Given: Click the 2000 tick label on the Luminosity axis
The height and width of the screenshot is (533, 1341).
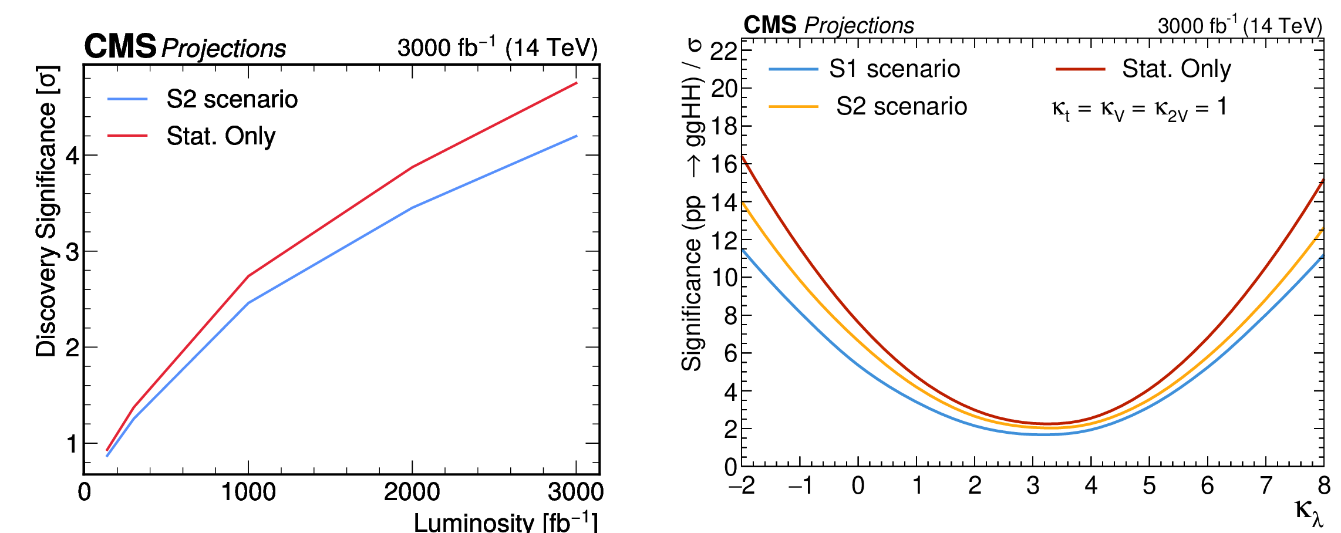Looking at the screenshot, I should (x=412, y=492).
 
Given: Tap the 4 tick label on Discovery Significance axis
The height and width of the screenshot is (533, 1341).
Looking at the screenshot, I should (x=72, y=156).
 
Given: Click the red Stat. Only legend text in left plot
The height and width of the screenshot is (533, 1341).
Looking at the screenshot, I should (x=221, y=136).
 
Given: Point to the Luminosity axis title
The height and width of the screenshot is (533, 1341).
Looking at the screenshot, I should (x=505, y=522).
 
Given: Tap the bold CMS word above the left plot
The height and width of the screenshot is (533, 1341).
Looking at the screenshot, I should (x=120, y=46).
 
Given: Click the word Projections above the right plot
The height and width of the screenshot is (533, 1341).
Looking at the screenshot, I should (x=859, y=25).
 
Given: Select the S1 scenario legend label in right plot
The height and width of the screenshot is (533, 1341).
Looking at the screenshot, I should (x=894, y=69).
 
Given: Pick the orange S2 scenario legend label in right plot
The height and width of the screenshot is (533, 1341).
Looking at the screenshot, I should (x=901, y=107).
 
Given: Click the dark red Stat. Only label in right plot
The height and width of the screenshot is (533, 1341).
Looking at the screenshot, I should (x=1176, y=69).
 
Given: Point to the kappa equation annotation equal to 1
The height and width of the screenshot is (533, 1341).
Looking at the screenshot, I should (x=1138, y=109).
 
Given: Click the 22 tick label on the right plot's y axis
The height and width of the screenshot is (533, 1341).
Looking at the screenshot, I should (x=723, y=52).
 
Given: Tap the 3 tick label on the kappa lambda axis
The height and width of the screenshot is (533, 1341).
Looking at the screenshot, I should (x=1033, y=486).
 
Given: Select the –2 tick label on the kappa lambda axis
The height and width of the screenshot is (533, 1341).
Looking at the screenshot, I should (x=742, y=486).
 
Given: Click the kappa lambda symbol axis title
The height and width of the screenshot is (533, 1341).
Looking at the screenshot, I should (x=1309, y=511).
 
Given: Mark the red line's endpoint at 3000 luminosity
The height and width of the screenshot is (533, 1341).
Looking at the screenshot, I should (x=577, y=83).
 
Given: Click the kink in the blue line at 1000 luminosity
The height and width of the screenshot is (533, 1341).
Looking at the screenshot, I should (x=249, y=303).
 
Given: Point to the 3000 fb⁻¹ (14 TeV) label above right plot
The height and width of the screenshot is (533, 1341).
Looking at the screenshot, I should (x=1239, y=25).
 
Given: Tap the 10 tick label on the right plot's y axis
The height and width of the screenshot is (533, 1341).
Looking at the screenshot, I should (x=723, y=278).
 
